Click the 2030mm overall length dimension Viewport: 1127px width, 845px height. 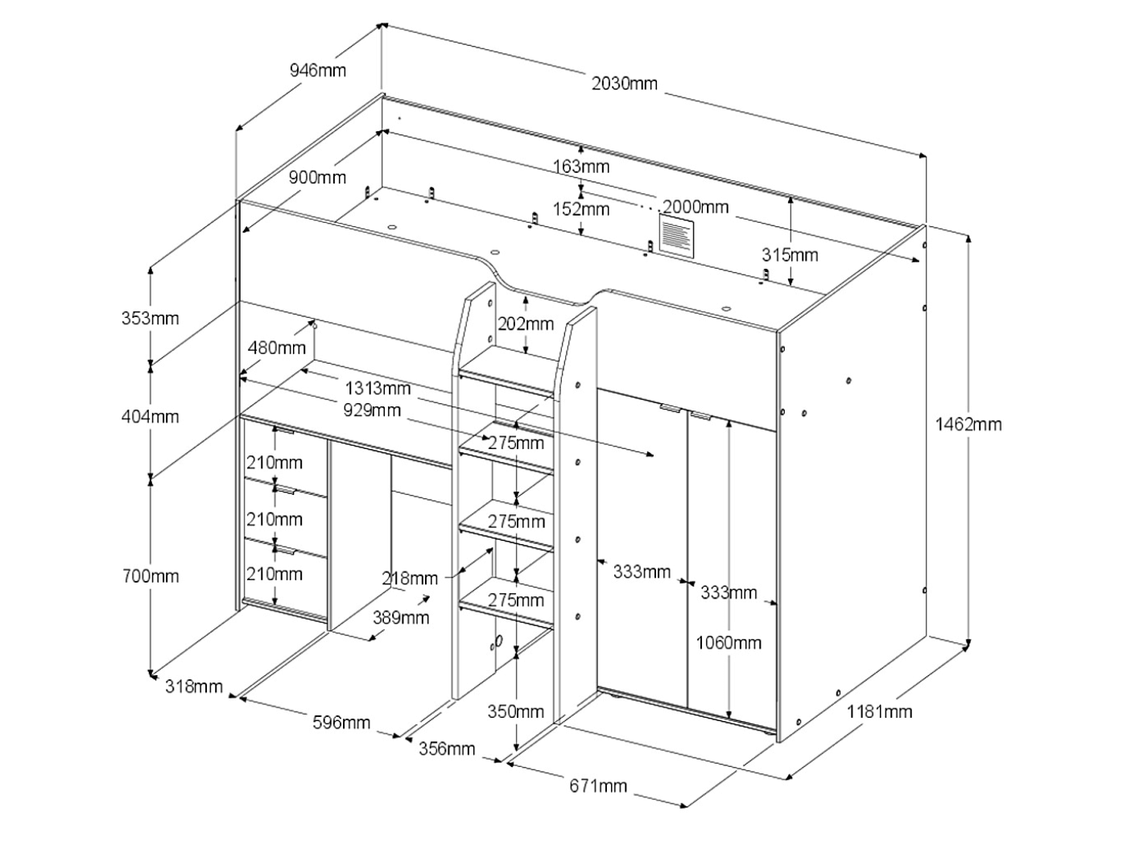tap(625, 83)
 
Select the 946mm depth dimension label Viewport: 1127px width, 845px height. tap(318, 70)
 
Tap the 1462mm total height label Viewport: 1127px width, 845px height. tap(968, 423)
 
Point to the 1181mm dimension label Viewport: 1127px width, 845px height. tap(879, 711)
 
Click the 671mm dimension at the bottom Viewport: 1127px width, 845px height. tap(598, 785)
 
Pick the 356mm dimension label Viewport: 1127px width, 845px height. tap(447, 748)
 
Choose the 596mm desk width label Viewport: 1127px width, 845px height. tap(342, 722)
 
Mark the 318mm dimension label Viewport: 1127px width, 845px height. tap(194, 686)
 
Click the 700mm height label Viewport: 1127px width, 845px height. tap(151, 576)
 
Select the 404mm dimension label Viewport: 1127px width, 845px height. tap(151, 416)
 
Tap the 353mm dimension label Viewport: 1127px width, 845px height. tap(151, 318)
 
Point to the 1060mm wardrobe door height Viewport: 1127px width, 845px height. tap(729, 642)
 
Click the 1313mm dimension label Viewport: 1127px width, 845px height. tap(379, 389)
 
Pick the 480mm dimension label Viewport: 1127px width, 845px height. tap(276, 348)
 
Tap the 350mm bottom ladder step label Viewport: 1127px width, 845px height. tap(516, 711)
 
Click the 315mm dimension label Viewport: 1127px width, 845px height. tap(790, 255)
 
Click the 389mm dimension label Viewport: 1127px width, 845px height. tap(400, 617)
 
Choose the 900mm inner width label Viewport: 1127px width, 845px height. tap(318, 178)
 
